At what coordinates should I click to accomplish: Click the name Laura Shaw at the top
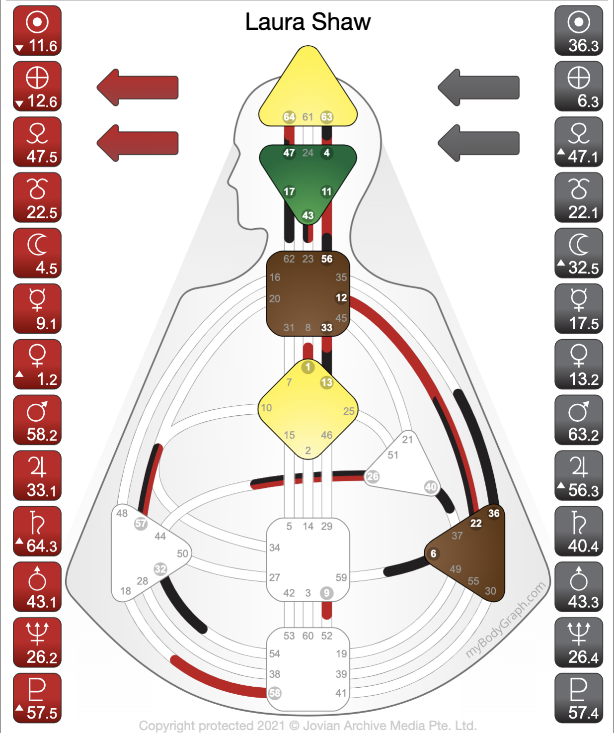307,22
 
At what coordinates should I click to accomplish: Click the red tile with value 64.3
37,531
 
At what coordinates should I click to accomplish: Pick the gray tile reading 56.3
578,475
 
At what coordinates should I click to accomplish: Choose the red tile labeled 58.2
37,420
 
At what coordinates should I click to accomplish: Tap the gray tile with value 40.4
578,531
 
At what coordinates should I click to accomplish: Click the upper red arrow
138,88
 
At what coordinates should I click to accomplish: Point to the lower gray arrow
478,143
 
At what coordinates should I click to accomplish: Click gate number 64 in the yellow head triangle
289,117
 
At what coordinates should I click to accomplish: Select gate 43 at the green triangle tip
308,215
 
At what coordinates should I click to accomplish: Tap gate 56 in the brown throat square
327,259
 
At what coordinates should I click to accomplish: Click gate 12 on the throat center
341,298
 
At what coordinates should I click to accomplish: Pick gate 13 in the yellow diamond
326,382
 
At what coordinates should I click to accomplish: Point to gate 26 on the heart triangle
373,476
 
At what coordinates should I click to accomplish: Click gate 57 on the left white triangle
141,523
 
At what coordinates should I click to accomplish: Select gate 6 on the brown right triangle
433,553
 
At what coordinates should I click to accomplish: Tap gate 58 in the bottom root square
275,693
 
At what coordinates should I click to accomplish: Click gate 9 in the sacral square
326,593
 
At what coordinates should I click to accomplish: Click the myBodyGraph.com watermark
506,620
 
